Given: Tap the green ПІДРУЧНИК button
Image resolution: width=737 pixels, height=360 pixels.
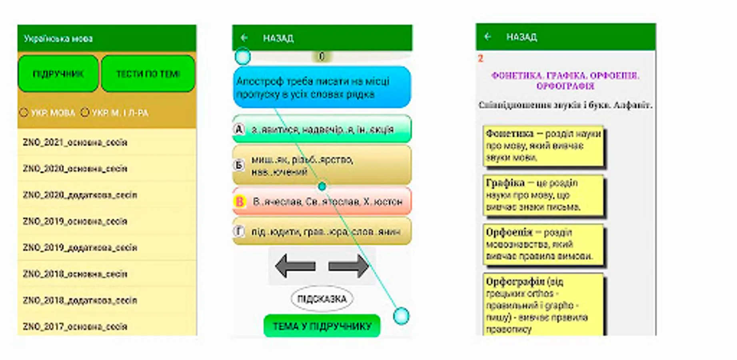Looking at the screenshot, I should pos(58,74).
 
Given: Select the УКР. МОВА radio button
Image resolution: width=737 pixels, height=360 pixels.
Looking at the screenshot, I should pos(24,113).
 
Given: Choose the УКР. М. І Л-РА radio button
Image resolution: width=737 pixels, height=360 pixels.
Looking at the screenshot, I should pos(85,113).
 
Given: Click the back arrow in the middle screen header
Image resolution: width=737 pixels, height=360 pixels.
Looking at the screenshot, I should pos(244,38).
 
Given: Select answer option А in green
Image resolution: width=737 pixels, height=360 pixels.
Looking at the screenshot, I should pos(322,129).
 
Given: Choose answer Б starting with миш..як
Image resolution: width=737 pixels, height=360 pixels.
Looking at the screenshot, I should pos(322,165).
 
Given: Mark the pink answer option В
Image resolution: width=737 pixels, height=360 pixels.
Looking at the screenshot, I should pos(322,201).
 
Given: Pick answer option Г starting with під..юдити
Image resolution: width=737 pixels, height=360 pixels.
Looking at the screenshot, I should pos(322,231).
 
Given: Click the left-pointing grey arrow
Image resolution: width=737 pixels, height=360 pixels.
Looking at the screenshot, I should pos(296,266).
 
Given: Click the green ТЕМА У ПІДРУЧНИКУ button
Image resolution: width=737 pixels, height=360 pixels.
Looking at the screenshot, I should pos(322,326).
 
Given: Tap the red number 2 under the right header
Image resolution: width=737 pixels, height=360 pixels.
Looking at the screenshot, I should pos(481,59).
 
